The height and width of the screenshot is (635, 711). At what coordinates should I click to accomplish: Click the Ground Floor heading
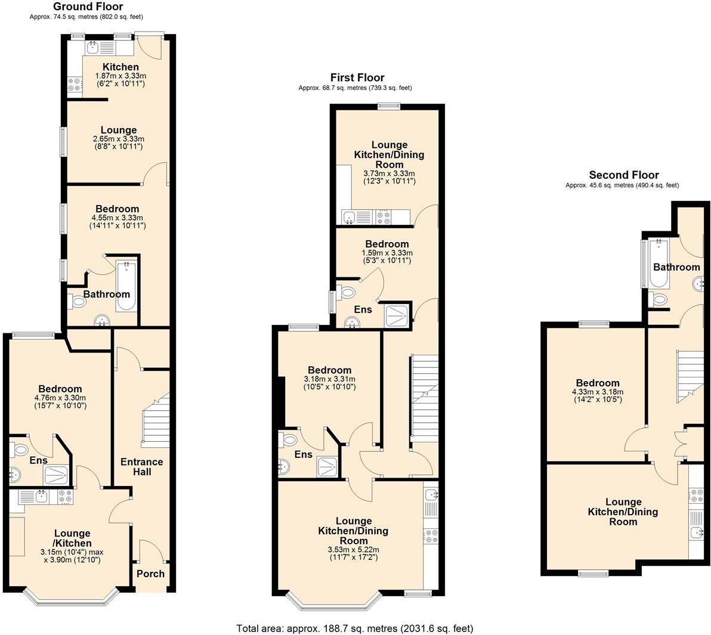pyautogui.click(x=88, y=7)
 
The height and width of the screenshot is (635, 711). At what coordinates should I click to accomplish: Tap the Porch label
pyautogui.click(x=150, y=574)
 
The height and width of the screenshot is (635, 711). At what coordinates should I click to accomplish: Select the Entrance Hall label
pyautogui.click(x=141, y=467)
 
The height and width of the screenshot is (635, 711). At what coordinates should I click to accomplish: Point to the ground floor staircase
pyautogui.click(x=156, y=421)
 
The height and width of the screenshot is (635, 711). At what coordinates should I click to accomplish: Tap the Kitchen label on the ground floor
pyautogui.click(x=120, y=67)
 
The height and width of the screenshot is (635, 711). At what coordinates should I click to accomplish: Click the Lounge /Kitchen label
pyautogui.click(x=73, y=538)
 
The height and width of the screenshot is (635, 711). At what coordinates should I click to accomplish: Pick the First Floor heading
pyautogui.click(x=357, y=78)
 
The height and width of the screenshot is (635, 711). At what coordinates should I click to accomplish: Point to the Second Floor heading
pyautogui.click(x=623, y=175)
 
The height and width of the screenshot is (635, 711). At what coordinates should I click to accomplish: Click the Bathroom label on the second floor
pyautogui.click(x=676, y=267)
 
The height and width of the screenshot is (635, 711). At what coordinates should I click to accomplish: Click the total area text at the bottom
pyautogui.click(x=355, y=628)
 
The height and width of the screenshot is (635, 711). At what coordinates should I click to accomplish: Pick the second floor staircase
pyautogui.click(x=690, y=377)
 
